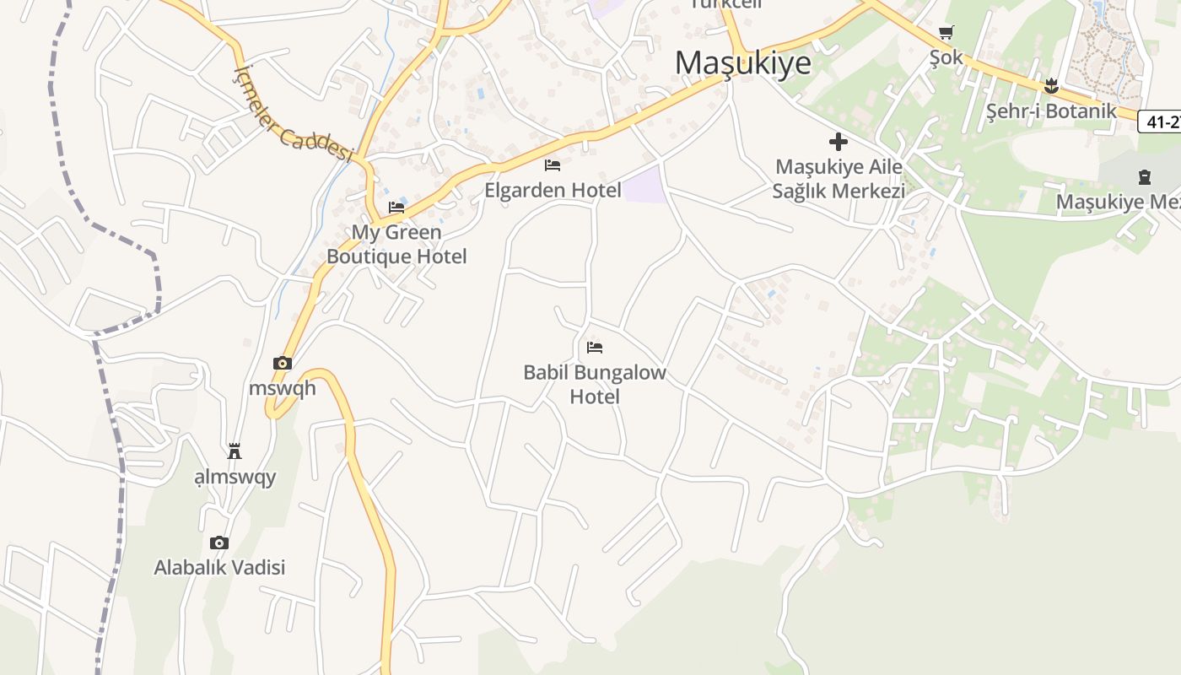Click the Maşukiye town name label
[x=743, y=62]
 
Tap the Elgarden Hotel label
[x=553, y=190]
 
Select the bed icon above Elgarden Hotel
[x=553, y=165]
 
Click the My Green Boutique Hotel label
[x=396, y=244]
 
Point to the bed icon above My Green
[x=396, y=207]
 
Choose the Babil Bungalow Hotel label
[x=595, y=384]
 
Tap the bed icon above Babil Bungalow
[x=595, y=347]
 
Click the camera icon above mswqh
[x=283, y=363]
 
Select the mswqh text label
[x=283, y=388]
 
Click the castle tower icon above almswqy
[x=235, y=451]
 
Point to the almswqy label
[x=235, y=478]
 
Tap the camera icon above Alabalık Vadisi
[x=219, y=543]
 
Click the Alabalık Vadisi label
[x=219, y=567]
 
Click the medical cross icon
[x=839, y=142]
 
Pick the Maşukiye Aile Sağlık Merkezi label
[x=839, y=179]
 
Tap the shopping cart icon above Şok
[x=946, y=33]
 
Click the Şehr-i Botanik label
[x=1051, y=111]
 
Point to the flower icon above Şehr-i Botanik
[x=1051, y=85]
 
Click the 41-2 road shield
[x=1161, y=121]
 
